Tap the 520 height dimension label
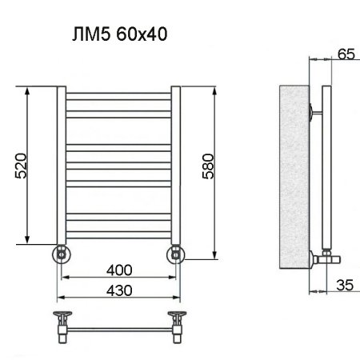pos(22,166)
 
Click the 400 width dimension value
pos(118,268)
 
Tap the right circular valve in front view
pos(176,254)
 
